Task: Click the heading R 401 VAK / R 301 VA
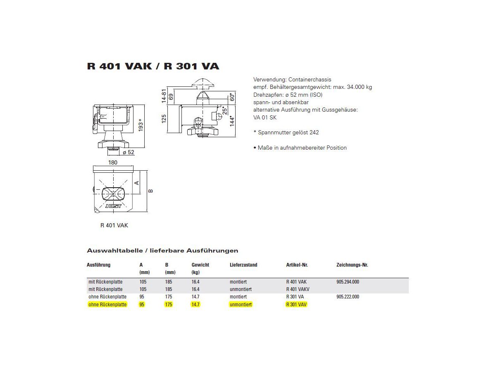click(x=153, y=66)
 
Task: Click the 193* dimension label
click(x=140, y=126)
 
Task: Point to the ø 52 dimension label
click(x=128, y=152)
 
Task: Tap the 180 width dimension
click(x=113, y=162)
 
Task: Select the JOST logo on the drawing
click(x=113, y=205)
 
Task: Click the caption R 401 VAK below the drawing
click(x=114, y=225)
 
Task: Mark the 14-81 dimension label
click(x=164, y=95)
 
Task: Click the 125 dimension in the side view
click(x=164, y=119)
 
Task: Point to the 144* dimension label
click(x=232, y=120)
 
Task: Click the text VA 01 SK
click(x=265, y=117)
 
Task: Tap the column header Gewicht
click(x=200, y=265)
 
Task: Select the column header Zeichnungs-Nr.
click(x=352, y=265)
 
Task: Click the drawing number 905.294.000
click(x=348, y=281)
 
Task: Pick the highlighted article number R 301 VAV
click(x=296, y=305)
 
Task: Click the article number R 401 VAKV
click(x=298, y=289)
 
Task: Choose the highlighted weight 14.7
click(x=196, y=305)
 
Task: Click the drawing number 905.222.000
click(x=348, y=297)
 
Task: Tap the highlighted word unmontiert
click(x=241, y=305)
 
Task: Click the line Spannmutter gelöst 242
click(x=286, y=133)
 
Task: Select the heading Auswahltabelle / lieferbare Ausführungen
click(x=162, y=250)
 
